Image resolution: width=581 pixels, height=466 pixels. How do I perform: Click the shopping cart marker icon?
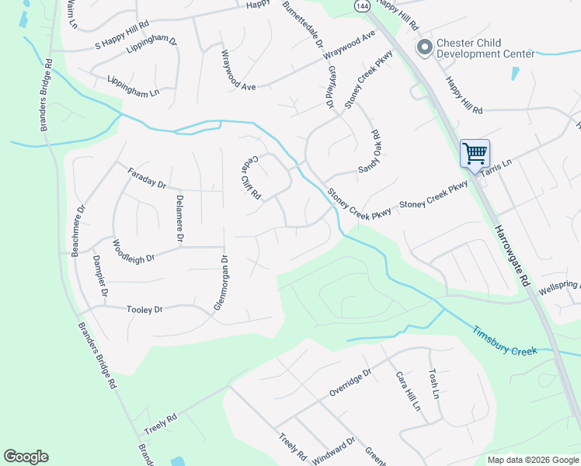[x=474, y=152]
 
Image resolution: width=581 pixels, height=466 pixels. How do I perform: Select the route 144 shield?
[x=361, y=5]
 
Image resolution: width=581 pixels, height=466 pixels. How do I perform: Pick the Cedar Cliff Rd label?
[x=249, y=177]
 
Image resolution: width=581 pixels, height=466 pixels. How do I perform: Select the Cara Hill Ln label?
[x=407, y=391]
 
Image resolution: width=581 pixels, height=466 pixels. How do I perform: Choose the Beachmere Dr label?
[x=76, y=231]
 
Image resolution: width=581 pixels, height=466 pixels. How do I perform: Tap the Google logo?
[x=26, y=457]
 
